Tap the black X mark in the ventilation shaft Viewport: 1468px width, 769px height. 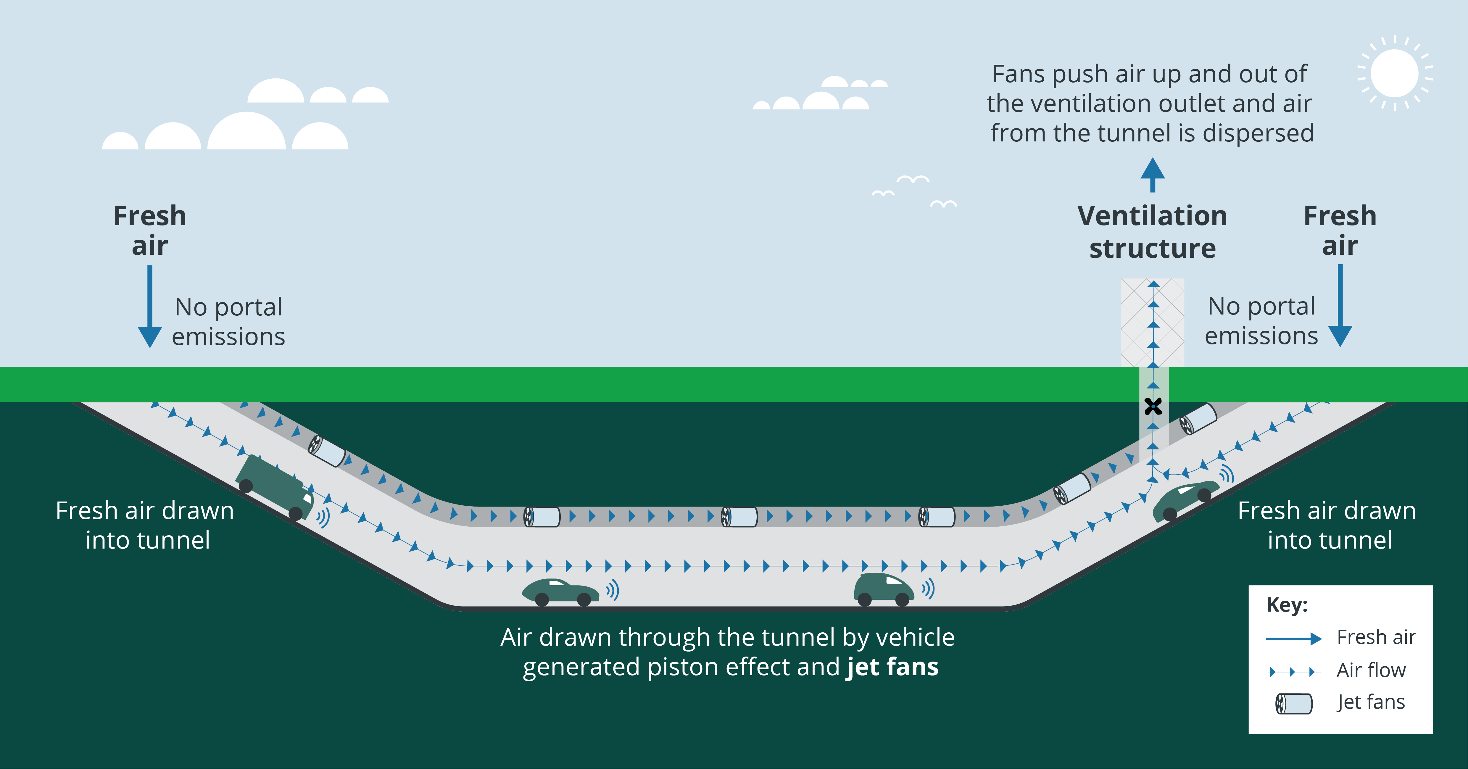pyautogui.click(x=1153, y=406)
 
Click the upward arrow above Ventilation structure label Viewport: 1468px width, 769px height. pyautogui.click(x=1152, y=174)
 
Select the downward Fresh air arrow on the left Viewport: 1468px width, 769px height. pyautogui.click(x=150, y=308)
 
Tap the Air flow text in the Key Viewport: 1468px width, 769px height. pyautogui.click(x=1371, y=670)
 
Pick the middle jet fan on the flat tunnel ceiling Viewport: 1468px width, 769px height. pyautogui.click(x=740, y=517)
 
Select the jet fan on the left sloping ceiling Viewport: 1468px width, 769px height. pyautogui.click(x=327, y=451)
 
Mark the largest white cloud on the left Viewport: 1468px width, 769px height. pyautogui.click(x=246, y=132)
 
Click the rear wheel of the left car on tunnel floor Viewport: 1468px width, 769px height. pyautogui.click(x=542, y=599)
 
